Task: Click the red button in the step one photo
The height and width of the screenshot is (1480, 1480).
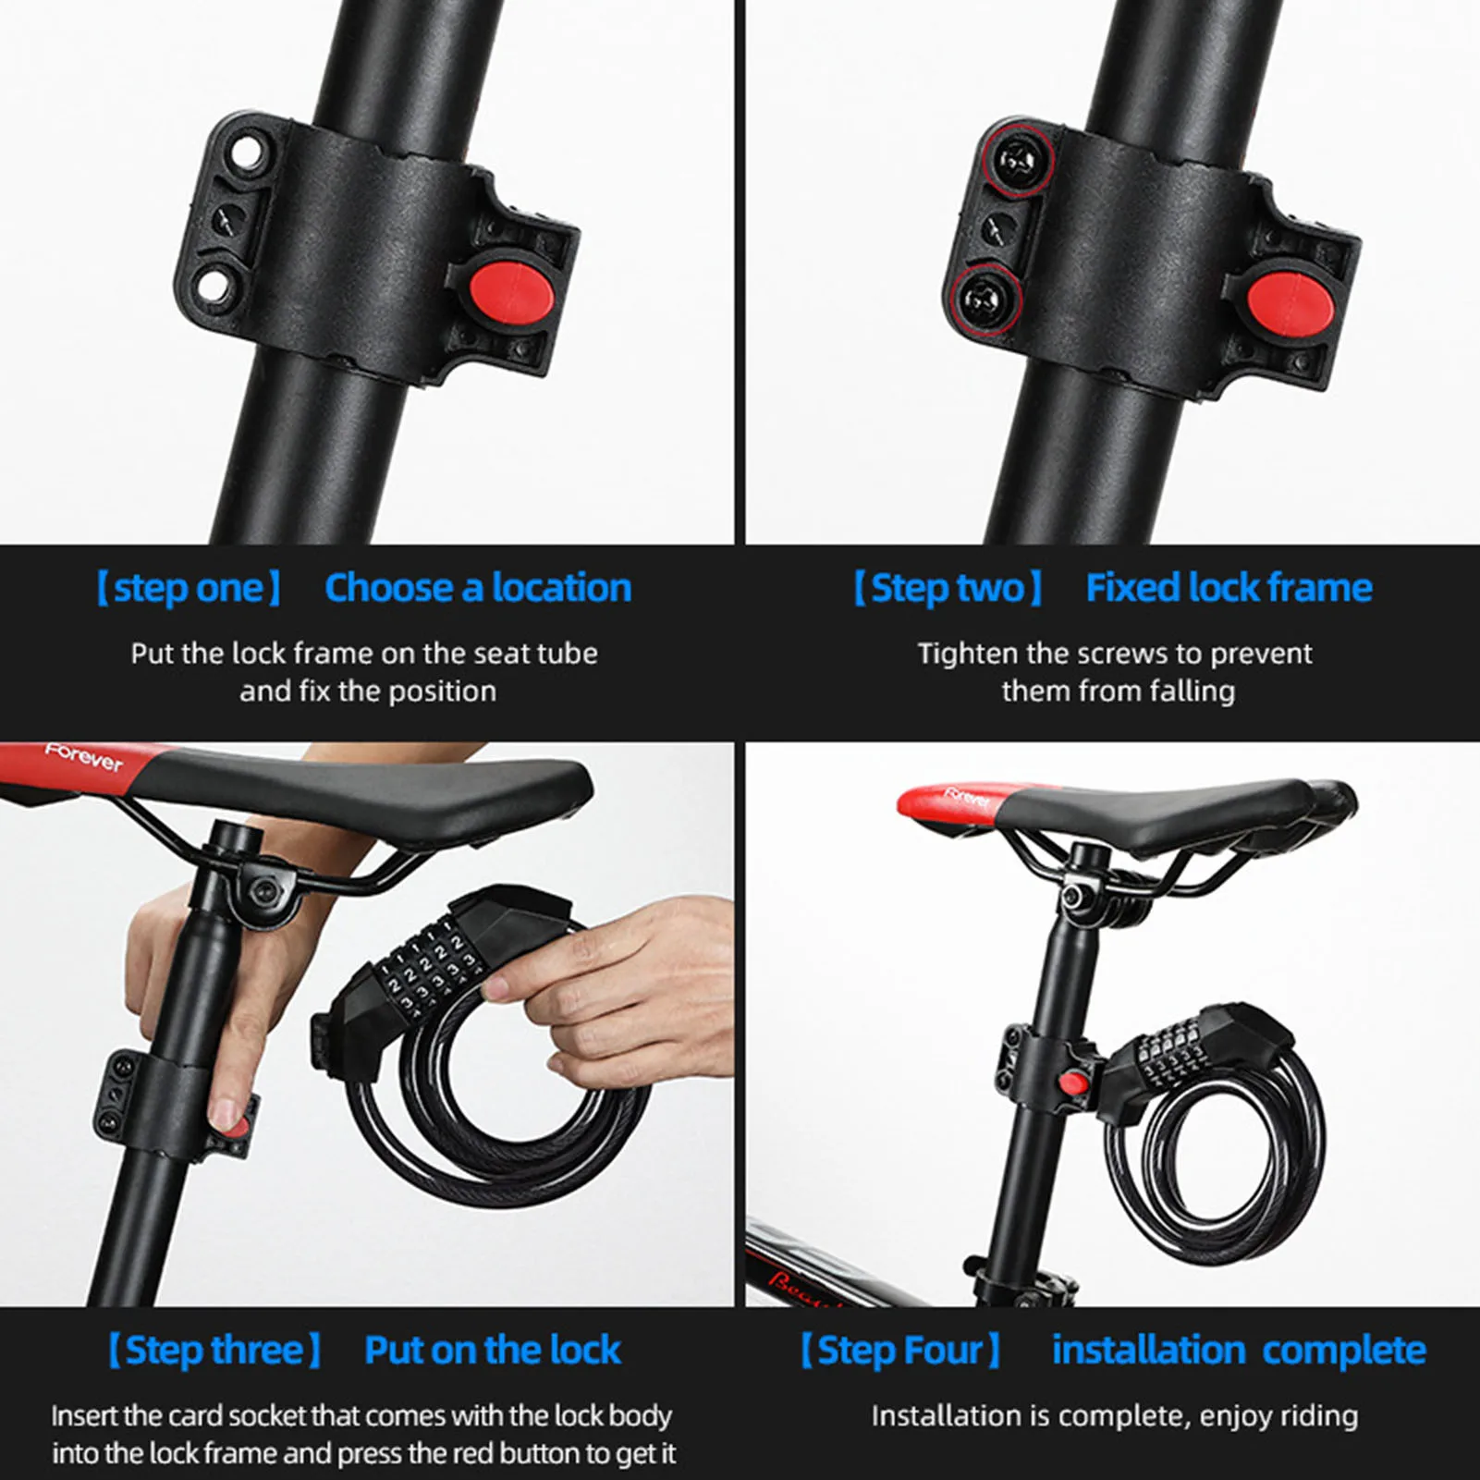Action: pyautogui.click(x=510, y=295)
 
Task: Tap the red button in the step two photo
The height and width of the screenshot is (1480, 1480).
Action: pyautogui.click(x=1288, y=301)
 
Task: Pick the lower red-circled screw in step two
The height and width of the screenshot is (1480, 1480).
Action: pyautogui.click(x=983, y=299)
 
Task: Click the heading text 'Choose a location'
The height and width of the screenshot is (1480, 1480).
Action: pyautogui.click(x=478, y=588)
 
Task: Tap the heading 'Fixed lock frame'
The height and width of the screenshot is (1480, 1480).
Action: pyautogui.click(x=1229, y=588)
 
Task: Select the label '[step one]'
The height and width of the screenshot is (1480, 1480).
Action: pyautogui.click(x=189, y=588)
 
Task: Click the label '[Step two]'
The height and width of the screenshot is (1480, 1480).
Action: pyautogui.click(x=948, y=588)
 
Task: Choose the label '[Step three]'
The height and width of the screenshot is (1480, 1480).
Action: pyautogui.click(x=214, y=1351)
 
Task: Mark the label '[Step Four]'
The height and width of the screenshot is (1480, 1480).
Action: pyautogui.click(x=900, y=1351)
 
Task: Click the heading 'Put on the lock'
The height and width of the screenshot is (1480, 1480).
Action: pyautogui.click(x=492, y=1351)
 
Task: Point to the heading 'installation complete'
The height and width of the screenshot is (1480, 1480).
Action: pyautogui.click(x=1239, y=1351)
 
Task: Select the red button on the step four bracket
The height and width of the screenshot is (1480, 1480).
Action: pyautogui.click(x=1073, y=1082)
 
